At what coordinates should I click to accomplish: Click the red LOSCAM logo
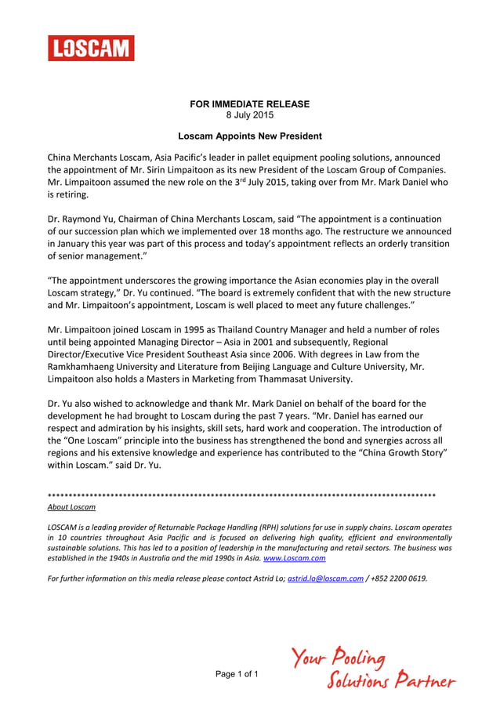pos(91,49)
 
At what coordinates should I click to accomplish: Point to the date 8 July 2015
pos(250,115)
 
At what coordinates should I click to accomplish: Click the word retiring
pos(72,195)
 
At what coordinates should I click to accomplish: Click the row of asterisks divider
pos(241,496)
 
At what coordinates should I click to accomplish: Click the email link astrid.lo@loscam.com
pos(325,578)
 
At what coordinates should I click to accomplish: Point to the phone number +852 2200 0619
pos(399,578)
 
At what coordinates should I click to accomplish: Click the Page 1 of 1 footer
pos(236,674)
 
